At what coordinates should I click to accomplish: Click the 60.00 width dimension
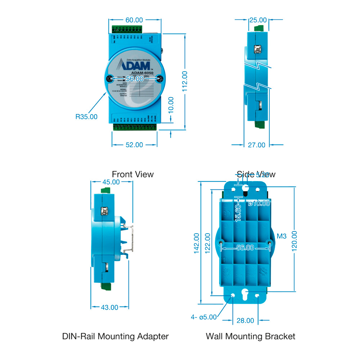pos(134,20)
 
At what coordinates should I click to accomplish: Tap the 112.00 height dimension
pos(185,81)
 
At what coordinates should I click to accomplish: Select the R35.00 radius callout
pos(86,117)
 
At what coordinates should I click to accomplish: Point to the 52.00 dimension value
pos(134,145)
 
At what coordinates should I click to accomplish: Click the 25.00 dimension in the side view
pos(258,20)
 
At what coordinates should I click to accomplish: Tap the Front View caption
pos(132,174)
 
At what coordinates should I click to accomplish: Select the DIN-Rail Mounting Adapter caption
pos(115,336)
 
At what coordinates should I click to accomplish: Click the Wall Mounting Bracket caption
pos(250,336)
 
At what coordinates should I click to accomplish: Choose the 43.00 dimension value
pos(109,307)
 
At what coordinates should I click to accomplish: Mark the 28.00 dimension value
pos(245,320)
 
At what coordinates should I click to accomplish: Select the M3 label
pos(282,236)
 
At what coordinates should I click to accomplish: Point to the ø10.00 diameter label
pos(259,203)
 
